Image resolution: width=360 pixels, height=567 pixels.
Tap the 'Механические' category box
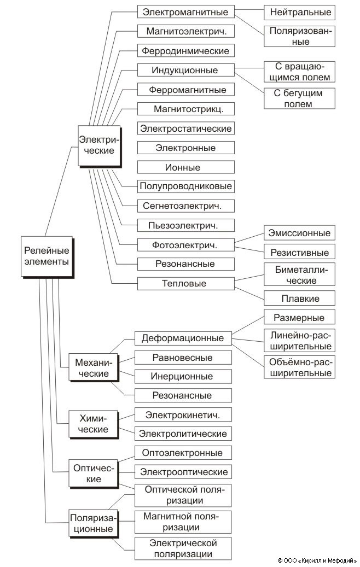(92, 368)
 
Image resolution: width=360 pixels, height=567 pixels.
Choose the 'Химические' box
(91, 424)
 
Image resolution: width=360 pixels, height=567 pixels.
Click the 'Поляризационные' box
(91, 523)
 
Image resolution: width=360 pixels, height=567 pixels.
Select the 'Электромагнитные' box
(185, 12)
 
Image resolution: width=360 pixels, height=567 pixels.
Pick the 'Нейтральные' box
(298, 12)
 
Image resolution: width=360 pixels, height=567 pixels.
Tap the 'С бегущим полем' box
(298, 98)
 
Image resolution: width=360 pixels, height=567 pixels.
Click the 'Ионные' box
(185, 167)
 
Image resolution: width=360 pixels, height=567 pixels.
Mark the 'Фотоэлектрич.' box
(185, 244)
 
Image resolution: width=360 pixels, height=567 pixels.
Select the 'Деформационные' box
(183, 338)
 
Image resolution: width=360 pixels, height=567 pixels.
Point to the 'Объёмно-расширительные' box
(299, 367)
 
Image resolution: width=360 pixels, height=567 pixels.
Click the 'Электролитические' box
(183, 434)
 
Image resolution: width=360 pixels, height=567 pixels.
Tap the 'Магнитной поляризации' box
(183, 522)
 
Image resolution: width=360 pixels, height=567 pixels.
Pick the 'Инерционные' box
(183, 376)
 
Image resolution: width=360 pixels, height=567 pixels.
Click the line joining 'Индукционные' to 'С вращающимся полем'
(249, 68)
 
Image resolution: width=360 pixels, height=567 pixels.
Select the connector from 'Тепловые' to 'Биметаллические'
(249, 279)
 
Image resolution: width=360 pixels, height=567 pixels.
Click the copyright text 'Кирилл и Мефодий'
(320, 560)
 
